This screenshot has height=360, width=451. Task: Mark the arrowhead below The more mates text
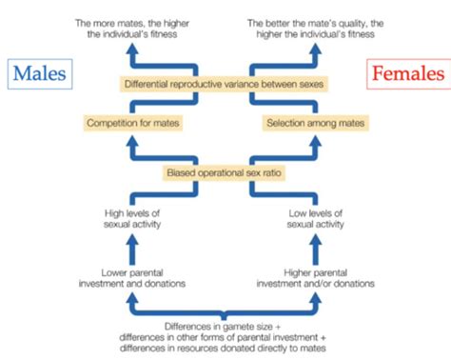pos(132,45)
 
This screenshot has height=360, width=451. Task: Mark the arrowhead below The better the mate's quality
pos(316,45)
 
